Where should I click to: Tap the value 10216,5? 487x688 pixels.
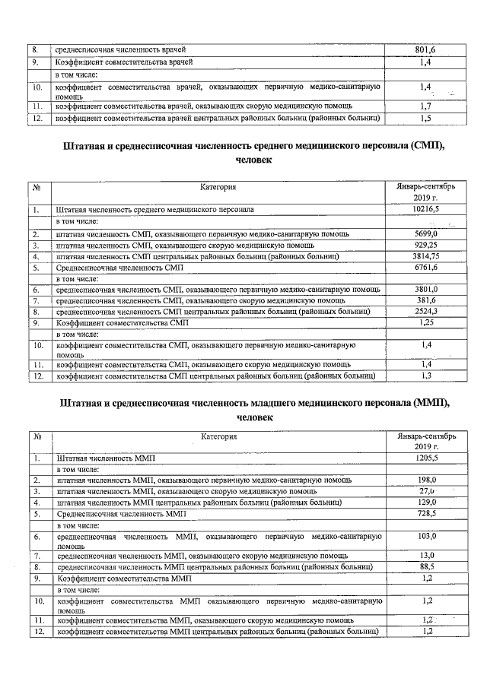pos(425,208)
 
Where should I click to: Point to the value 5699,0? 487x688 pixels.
pos(426,233)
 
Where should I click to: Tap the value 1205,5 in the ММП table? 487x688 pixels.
pos(425,458)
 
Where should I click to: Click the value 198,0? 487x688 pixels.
pos(426,480)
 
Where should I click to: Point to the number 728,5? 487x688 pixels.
pos(426,514)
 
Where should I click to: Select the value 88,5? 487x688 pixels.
pos(426,566)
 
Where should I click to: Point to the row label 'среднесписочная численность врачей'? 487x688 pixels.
pos(121,50)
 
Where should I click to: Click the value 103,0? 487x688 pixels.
pos(426,537)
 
